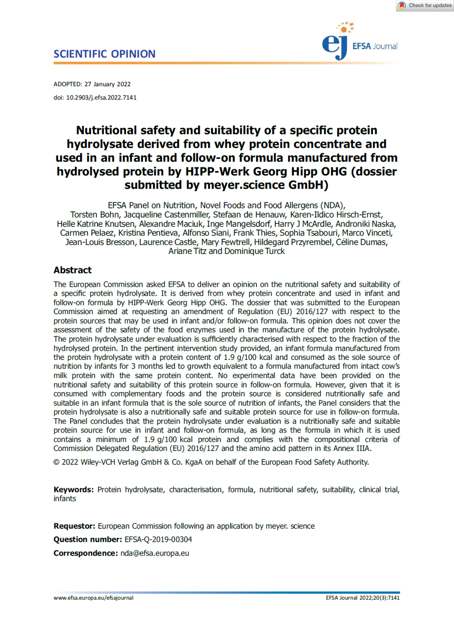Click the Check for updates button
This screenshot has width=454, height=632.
pos(425,5)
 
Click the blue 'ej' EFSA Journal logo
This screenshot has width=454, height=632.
pos(335,45)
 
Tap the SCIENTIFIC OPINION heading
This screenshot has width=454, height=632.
pos(104,54)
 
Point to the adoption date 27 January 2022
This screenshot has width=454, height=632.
pos(108,84)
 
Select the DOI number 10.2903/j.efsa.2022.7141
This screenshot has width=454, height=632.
pos(101,97)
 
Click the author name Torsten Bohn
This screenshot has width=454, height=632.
pos(95,215)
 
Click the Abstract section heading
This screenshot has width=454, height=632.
pos(72,270)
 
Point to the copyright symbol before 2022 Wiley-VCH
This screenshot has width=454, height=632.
pos(56,462)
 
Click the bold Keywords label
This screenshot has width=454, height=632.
pos(74,490)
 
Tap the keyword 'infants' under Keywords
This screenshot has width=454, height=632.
pos(65,499)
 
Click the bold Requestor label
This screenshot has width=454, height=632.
pos(74,526)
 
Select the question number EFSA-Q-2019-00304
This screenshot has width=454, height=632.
pos(158,540)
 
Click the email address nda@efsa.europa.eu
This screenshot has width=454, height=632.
pos(155,553)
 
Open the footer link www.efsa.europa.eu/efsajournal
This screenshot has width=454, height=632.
pos(93,598)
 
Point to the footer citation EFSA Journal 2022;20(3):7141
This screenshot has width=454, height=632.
pos(363,598)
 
